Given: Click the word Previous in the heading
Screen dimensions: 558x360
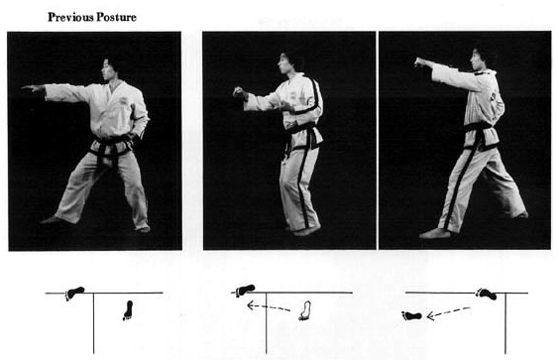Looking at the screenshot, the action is (x=70, y=17).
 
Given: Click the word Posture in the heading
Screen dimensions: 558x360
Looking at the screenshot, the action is (x=116, y=17).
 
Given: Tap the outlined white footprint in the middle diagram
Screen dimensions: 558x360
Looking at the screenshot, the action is (x=305, y=310).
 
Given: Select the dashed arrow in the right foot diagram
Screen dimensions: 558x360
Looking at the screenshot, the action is (x=448, y=312).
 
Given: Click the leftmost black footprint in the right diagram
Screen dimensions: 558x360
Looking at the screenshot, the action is (x=411, y=315).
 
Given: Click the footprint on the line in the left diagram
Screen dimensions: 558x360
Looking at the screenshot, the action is (x=74, y=294).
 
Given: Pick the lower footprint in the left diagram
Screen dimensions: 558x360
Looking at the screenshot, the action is (x=128, y=310).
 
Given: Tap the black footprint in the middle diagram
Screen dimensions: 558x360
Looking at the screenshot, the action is (x=245, y=291).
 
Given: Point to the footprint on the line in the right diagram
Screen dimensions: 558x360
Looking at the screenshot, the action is (x=486, y=295).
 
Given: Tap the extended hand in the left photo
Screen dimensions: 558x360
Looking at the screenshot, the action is (x=33, y=88).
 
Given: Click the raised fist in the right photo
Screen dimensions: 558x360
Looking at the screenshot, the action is (x=420, y=62).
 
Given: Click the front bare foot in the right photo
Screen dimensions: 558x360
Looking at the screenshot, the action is (x=435, y=233).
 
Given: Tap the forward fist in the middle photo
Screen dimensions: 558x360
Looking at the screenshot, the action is (x=240, y=92).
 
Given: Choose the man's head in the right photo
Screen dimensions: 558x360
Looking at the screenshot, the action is (x=482, y=59).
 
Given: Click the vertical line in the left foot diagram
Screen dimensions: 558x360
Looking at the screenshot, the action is (x=93, y=323).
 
